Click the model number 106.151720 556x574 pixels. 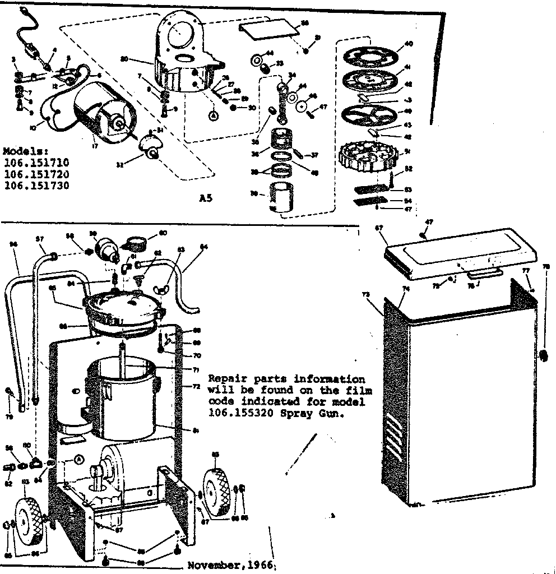[36, 174]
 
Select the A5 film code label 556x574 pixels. [206, 198]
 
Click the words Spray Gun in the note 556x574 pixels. [318, 414]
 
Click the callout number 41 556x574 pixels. [407, 66]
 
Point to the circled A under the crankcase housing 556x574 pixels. [213, 115]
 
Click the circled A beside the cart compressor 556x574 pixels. [78, 459]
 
